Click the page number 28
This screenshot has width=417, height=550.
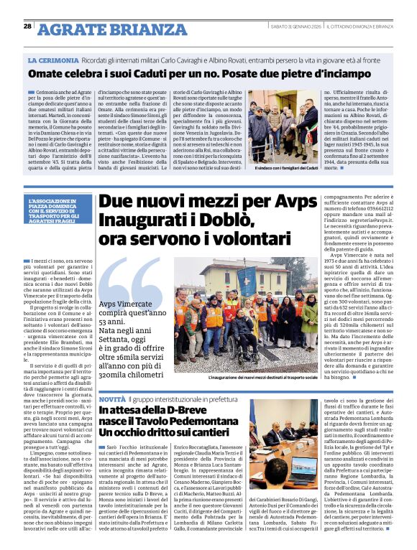coord(27,27)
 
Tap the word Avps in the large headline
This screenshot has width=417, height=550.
coord(274,204)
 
